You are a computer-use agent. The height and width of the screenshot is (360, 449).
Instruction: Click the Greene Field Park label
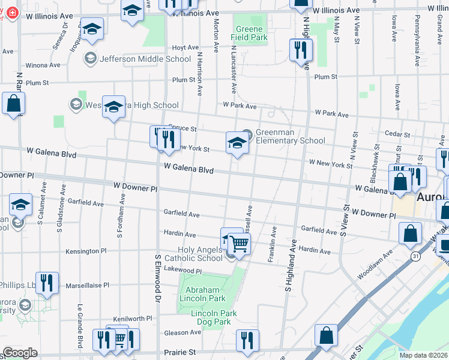tap(249, 33)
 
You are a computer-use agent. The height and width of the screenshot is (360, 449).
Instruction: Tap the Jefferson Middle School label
tap(145, 59)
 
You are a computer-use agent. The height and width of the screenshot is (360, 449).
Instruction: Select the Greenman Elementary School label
tap(291, 137)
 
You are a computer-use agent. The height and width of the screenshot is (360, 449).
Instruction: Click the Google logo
tap(20, 353)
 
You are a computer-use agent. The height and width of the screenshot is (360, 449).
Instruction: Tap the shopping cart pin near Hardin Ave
tap(240, 243)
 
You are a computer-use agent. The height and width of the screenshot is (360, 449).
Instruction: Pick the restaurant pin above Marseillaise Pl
tap(47, 282)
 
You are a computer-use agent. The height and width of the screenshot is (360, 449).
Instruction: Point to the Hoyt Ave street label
tap(185, 47)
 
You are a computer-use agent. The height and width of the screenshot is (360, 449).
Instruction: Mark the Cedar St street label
tap(397, 134)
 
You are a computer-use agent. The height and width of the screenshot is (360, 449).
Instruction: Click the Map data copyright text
tap(423, 355)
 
